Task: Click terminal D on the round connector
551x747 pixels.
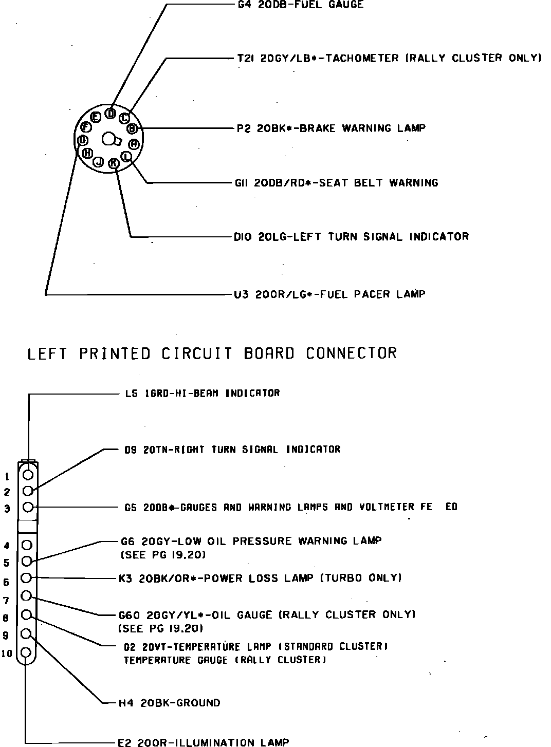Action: [110, 114]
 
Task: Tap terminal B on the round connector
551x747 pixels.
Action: [132, 128]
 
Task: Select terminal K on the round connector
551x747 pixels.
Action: [114, 163]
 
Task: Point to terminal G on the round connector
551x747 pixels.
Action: [82, 140]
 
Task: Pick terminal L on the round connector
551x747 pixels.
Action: [126, 156]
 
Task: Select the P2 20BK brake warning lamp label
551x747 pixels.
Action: [331, 128]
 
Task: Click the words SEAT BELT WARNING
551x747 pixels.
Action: [379, 183]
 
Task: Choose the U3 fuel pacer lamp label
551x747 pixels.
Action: [329, 294]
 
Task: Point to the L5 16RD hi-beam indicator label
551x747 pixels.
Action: [202, 394]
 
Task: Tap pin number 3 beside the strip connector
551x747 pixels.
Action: [7, 509]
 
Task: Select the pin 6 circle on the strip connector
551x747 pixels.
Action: [28, 578]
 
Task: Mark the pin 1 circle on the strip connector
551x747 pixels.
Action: [28, 474]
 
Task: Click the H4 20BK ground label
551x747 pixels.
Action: [169, 703]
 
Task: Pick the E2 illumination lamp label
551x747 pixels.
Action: [203, 742]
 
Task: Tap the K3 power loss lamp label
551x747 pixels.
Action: [260, 578]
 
